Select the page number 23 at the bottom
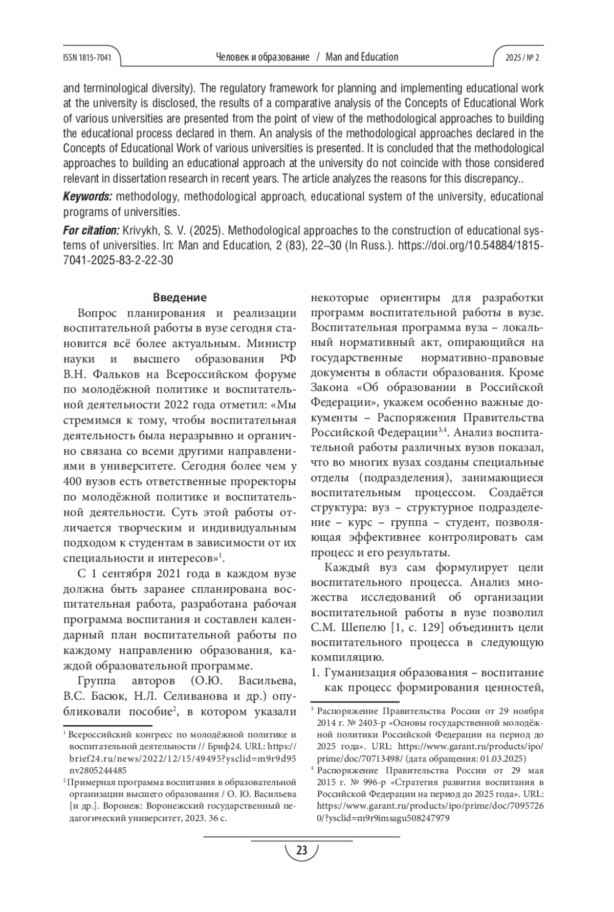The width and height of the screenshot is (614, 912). (x=302, y=851)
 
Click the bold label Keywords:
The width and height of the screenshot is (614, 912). (x=87, y=197)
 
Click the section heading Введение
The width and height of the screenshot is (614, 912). (x=180, y=298)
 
